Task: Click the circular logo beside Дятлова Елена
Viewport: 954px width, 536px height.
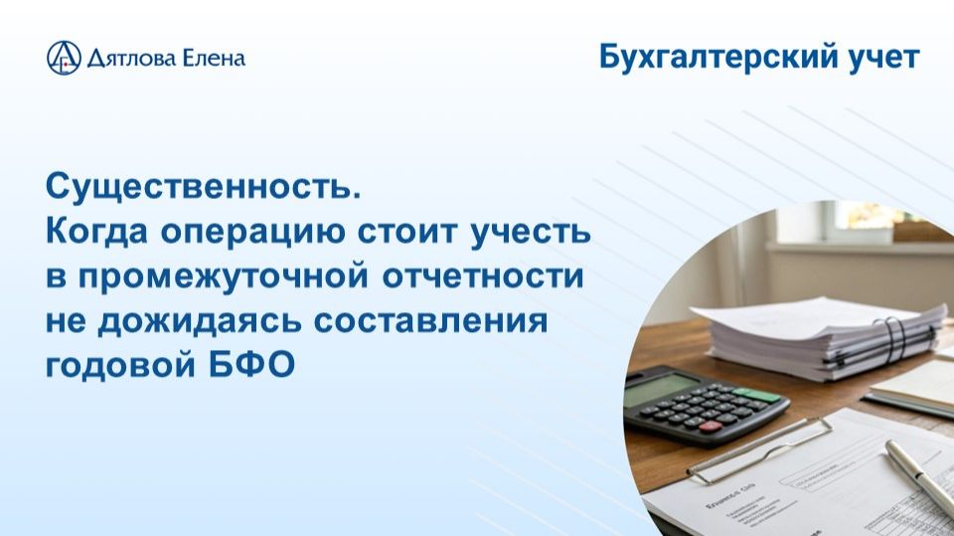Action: coord(64,58)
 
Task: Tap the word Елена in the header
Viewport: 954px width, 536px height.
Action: coord(212,59)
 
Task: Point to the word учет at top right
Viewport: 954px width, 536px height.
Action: coord(883,58)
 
